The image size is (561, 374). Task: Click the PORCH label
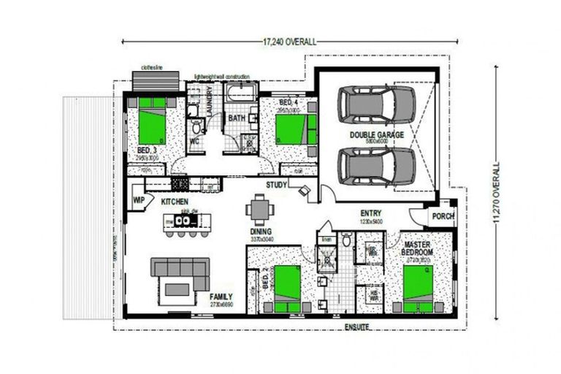pyautogui.click(x=443, y=216)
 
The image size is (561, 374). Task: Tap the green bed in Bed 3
pyautogui.click(x=156, y=126)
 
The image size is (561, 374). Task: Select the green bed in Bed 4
pyautogui.click(x=291, y=129)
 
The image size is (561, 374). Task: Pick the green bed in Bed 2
pyautogui.click(x=287, y=288)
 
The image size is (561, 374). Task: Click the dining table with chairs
pyautogui.click(x=260, y=211)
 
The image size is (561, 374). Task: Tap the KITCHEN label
pyautogui.click(x=175, y=201)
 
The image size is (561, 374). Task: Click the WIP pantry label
pyautogui.click(x=139, y=199)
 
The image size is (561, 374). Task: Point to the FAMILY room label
pyautogui.click(x=221, y=297)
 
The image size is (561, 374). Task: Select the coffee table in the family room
pyautogui.click(x=178, y=289)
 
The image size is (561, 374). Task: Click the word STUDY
pyautogui.click(x=277, y=186)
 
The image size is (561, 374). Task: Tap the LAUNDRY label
pyautogui.click(x=210, y=99)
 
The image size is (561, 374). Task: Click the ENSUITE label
pyautogui.click(x=357, y=325)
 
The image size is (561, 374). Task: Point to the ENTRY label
pyautogui.click(x=371, y=213)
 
